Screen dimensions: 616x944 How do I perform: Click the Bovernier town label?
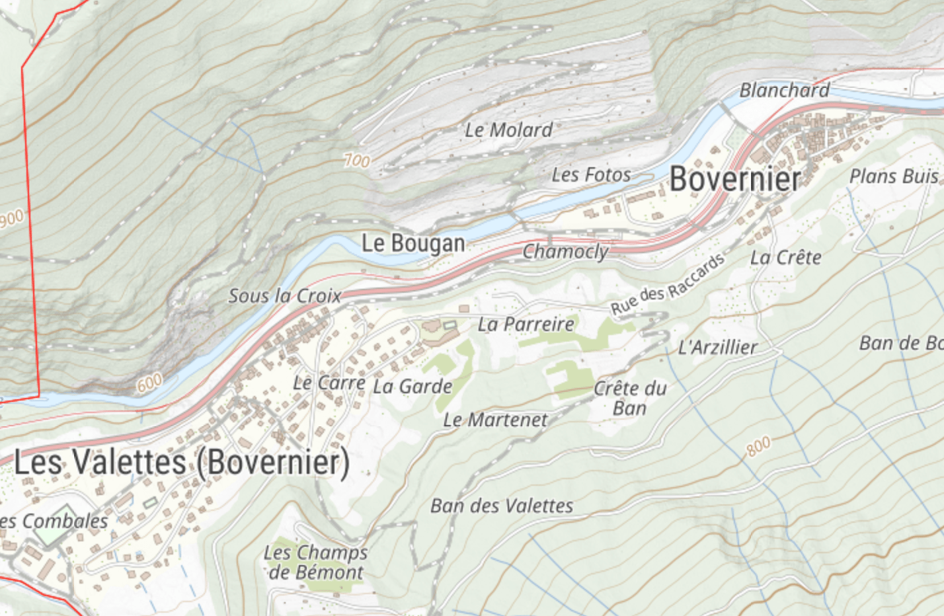coord(735,179)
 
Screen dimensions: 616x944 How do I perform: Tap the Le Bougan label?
coord(413,243)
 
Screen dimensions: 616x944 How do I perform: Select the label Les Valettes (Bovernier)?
coord(182,462)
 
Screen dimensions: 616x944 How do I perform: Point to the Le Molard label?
coord(508,130)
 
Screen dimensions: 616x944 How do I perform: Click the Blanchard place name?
coord(784,90)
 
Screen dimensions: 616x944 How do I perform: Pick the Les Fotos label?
coord(591,174)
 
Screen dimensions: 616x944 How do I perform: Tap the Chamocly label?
coord(565,251)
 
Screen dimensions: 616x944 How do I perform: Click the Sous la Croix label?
coord(284,295)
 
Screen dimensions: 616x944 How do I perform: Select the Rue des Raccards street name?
coord(667,285)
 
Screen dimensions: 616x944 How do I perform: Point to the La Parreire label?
coord(526,324)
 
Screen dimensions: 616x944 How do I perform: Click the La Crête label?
coord(785,257)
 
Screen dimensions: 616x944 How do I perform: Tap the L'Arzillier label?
coord(717,347)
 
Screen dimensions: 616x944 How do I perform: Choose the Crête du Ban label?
coord(629,398)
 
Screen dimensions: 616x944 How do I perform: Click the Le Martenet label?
coord(495,420)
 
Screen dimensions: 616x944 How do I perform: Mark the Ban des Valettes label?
coord(502,506)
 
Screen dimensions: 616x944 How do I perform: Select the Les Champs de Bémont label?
coord(315,562)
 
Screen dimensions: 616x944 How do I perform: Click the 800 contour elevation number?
coord(758,447)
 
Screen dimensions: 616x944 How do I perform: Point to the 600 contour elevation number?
coord(149,383)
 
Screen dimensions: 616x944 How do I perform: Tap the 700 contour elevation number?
coord(357,160)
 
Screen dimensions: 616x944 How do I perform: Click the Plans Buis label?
coord(893,176)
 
